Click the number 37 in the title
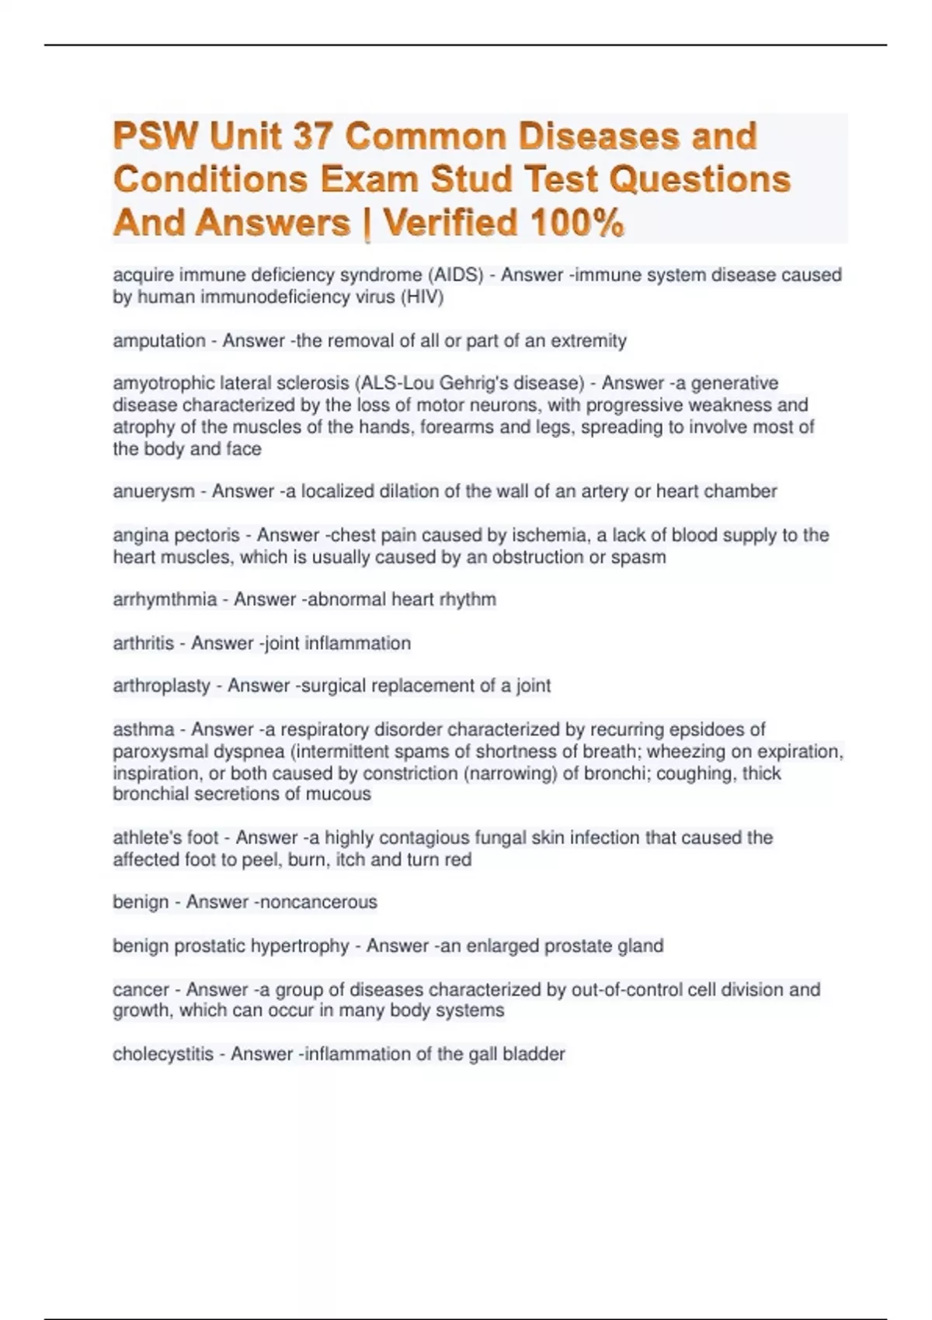tap(313, 137)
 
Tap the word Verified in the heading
tap(450, 223)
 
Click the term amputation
tap(159, 341)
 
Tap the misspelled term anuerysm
tap(154, 492)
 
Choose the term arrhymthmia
tap(165, 599)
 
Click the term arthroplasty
tap(162, 686)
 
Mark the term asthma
tap(144, 729)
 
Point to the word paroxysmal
tap(160, 751)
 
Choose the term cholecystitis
tap(163, 1054)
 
